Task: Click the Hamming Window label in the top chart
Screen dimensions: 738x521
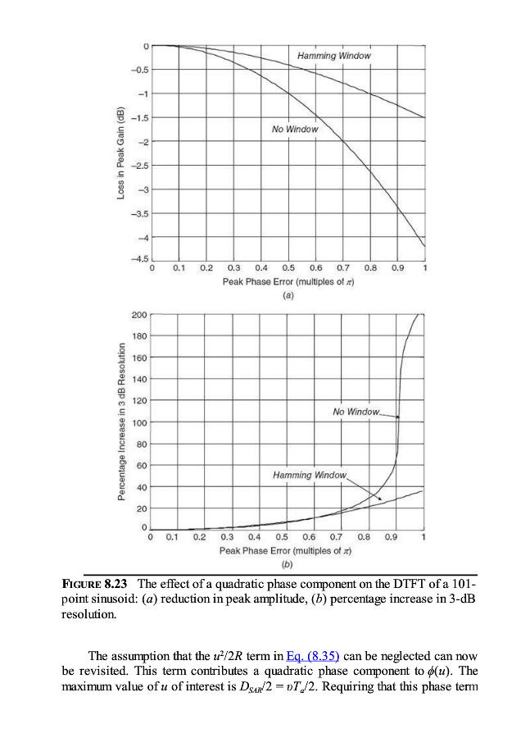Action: [333, 56]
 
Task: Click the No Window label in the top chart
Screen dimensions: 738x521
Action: [295, 130]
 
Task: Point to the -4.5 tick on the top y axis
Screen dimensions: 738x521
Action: [140, 259]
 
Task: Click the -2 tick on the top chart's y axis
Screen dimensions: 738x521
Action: [143, 143]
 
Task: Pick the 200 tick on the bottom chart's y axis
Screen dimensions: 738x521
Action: [138, 314]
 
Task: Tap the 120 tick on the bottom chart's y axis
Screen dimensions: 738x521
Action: [138, 401]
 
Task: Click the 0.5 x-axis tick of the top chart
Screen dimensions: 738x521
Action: [288, 268]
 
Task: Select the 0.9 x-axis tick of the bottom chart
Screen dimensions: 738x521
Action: [392, 538]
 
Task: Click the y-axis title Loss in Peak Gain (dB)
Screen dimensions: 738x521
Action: [120, 153]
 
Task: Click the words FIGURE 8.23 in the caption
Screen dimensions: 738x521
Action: [97, 584]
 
